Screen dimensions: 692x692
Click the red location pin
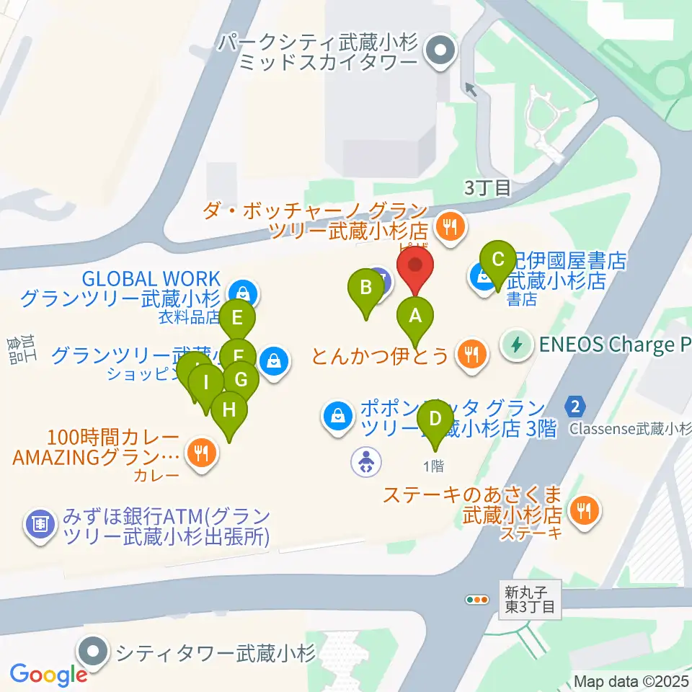tap(416, 267)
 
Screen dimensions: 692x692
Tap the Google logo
tap(48, 675)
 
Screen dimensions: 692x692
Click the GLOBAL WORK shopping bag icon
tap(243, 293)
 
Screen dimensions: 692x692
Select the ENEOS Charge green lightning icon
tap(516, 344)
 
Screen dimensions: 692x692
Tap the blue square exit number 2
tap(574, 406)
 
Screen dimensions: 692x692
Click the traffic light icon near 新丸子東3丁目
tap(476, 599)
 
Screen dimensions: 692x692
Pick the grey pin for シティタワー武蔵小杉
tap(94, 652)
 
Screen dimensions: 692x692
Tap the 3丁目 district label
tap(487, 189)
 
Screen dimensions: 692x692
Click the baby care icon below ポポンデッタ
tap(366, 461)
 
